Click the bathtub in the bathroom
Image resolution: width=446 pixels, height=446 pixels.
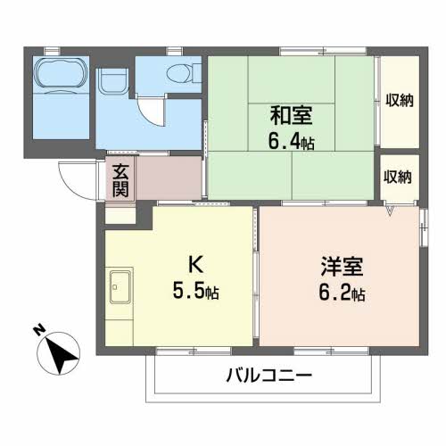click(61, 74)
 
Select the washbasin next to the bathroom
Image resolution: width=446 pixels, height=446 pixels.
click(113, 81)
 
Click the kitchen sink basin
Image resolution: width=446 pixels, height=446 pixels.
click(120, 286)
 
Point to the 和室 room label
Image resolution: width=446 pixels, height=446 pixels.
click(291, 116)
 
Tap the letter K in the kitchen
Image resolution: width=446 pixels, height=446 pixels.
click(196, 264)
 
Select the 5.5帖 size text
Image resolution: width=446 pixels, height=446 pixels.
click(195, 291)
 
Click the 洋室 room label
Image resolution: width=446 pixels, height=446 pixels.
click(342, 267)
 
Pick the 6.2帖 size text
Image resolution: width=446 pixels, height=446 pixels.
click(342, 293)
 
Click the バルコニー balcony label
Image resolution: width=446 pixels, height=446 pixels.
click(269, 376)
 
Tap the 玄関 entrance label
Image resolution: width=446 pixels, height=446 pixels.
click(120, 180)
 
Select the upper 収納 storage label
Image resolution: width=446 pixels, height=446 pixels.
click(400, 100)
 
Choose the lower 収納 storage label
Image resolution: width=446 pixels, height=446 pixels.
click(397, 177)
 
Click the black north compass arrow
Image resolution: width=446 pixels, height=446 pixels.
click(62, 354)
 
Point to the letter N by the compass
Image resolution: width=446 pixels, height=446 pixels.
click(39, 330)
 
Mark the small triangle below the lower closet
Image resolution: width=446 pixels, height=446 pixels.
click(390, 211)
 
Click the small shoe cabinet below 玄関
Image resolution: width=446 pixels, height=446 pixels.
click(120, 215)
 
